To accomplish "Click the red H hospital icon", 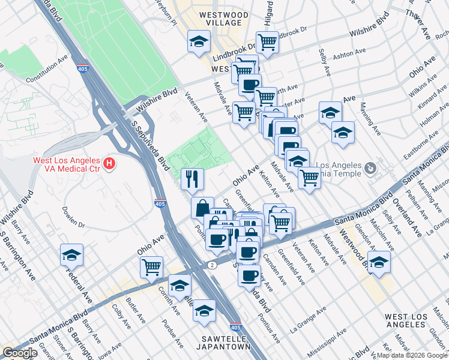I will click(109, 163).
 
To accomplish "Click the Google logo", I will click(20, 353).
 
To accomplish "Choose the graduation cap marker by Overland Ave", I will click(379, 262).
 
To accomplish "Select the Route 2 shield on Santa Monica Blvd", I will click(212, 264).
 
